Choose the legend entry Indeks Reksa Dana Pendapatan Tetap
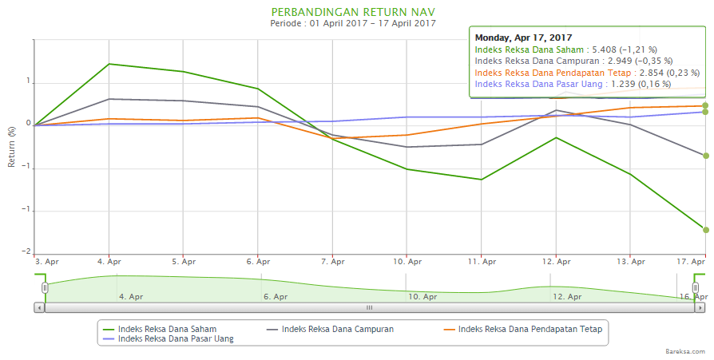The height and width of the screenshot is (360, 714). [x=526, y=328]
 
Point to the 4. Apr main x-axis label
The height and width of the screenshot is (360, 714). [x=109, y=261]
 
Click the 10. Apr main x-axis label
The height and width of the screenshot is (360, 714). [x=407, y=261]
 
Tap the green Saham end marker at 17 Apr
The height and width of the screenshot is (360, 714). [x=705, y=230]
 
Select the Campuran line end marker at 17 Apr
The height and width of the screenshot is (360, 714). [x=705, y=156]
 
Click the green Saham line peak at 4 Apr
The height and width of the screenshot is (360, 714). [x=109, y=64]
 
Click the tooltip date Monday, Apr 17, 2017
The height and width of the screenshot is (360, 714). [x=523, y=37]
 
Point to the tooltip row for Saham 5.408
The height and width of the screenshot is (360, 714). [x=565, y=49]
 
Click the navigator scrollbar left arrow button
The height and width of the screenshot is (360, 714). [x=38, y=307]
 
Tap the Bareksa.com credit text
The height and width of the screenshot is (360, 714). [x=684, y=350]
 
